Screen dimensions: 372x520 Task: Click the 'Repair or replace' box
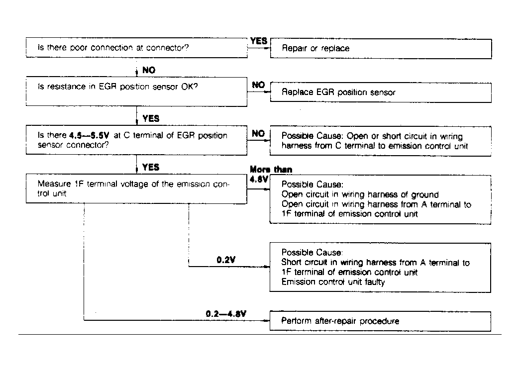[x=381, y=49]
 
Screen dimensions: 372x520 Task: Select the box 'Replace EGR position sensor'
[x=381, y=93]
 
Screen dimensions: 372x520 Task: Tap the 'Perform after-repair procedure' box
[x=381, y=321]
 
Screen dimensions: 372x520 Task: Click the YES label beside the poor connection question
[x=259, y=41]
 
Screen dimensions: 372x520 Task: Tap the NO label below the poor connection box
[x=149, y=71]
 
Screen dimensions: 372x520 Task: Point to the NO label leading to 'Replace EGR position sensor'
[x=258, y=85]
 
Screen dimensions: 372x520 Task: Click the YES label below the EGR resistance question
[x=151, y=118]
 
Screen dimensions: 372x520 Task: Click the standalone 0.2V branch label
[x=226, y=260]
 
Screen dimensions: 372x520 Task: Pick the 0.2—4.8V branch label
[x=226, y=314]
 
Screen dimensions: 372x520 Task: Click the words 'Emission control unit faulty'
[x=333, y=282]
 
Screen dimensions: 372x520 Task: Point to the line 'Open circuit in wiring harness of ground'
[x=360, y=194]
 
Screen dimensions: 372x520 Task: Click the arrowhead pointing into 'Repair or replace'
[x=267, y=49]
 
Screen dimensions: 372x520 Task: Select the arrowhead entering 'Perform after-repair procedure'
[x=267, y=321]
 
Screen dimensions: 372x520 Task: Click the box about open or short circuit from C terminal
[x=381, y=141]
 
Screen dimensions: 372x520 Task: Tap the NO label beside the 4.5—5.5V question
[x=258, y=134]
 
